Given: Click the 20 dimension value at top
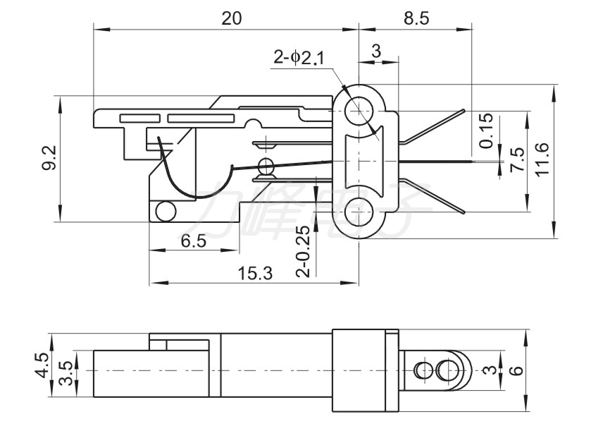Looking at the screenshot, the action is point(232,18).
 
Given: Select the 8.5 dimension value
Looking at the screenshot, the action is point(416,18).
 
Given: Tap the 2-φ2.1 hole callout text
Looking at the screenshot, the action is point(299,58).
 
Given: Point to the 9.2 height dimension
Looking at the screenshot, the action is point(49,158).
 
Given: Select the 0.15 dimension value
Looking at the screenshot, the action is point(486,131).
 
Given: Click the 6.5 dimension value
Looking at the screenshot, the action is point(194,241).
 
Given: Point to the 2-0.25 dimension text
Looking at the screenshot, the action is point(303,251).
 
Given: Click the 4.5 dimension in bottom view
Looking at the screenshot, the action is point(43,366).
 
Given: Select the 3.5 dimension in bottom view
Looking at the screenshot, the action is point(66,373).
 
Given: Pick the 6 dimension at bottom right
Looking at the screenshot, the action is point(518,370).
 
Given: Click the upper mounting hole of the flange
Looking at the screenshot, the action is point(359,111).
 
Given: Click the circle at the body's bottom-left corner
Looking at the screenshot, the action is point(166,211).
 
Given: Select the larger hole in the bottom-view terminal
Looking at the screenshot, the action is point(446,370).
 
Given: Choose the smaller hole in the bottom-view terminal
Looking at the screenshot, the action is point(423,370).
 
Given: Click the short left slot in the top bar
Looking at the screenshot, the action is point(140,118).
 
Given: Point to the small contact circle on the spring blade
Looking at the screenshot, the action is point(266,166).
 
